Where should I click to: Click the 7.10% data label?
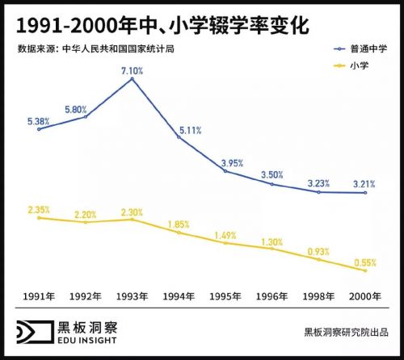(131, 71)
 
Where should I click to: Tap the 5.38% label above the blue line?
(38, 120)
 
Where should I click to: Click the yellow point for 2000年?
(366, 270)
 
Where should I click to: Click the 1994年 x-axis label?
(179, 296)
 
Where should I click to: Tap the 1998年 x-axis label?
(319, 296)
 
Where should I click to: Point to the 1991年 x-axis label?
(38, 296)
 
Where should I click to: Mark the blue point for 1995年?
(225, 170)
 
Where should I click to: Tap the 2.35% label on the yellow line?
(38, 208)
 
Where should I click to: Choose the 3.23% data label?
(319, 182)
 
